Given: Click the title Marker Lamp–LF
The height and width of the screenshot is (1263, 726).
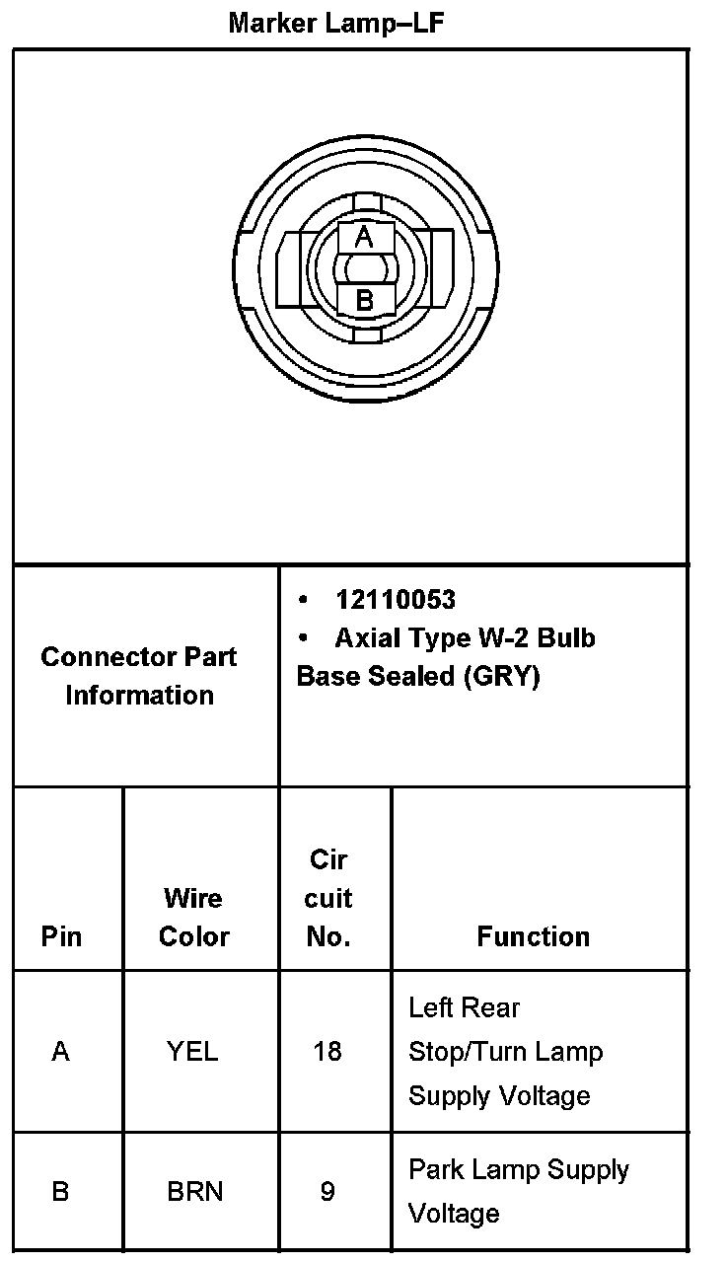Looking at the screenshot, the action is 335,23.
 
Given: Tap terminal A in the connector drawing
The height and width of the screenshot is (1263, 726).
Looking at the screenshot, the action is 364,238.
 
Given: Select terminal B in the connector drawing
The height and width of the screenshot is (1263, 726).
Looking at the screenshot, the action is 364,300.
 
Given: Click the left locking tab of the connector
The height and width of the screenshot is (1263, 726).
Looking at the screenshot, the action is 292,268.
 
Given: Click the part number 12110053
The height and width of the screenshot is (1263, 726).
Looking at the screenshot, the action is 395,600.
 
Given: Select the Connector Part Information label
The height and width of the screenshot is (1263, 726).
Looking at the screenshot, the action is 139,676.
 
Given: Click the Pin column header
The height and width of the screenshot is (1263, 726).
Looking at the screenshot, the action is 62,936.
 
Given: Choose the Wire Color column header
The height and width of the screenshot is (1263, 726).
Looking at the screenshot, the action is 193,918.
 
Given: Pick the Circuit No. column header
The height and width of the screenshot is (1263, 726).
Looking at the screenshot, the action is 328,898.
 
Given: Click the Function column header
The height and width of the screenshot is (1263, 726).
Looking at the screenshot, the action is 533,936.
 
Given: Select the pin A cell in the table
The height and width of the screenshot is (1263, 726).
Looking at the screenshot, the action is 61,1052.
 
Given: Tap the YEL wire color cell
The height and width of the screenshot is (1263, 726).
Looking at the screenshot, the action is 192,1052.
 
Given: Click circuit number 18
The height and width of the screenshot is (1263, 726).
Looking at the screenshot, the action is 327,1052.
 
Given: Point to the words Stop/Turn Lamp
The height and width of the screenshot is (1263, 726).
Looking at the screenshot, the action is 505,1052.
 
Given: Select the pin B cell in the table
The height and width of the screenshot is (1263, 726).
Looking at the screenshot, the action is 60,1192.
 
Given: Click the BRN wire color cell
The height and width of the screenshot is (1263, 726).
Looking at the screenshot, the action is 194,1192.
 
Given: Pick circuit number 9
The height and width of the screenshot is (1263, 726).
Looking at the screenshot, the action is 327,1192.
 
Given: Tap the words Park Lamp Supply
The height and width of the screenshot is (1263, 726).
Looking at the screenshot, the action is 519,1170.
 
